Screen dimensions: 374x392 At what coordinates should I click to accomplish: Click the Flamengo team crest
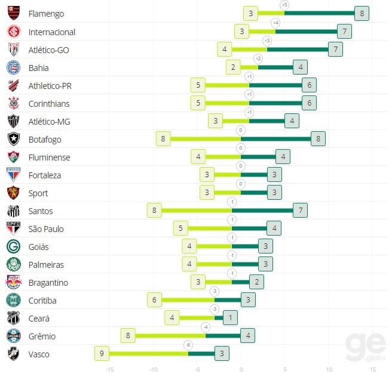(13, 13)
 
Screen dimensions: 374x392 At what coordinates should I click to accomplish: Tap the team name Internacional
(52, 32)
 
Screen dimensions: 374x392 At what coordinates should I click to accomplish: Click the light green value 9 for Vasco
(102, 354)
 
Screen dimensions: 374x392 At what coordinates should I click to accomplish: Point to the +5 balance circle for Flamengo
(284, 5)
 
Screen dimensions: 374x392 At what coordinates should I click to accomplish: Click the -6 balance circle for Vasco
(188, 345)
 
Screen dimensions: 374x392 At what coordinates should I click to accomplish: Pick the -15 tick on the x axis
(109, 369)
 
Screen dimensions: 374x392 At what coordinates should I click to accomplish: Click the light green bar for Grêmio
(170, 336)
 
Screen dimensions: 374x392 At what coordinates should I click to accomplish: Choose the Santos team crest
(13, 211)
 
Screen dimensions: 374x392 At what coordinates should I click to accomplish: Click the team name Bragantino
(48, 282)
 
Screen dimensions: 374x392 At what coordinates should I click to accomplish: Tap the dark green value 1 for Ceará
(231, 318)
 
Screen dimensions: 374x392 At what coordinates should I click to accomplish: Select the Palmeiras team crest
(13, 264)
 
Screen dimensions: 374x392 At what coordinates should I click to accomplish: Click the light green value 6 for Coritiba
(154, 300)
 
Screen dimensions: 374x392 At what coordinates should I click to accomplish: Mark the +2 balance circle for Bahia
(258, 58)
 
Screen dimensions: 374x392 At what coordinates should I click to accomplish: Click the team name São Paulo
(46, 228)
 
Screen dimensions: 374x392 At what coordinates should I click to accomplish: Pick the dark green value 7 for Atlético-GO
(335, 50)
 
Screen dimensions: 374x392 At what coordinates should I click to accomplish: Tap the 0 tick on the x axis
(241, 369)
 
